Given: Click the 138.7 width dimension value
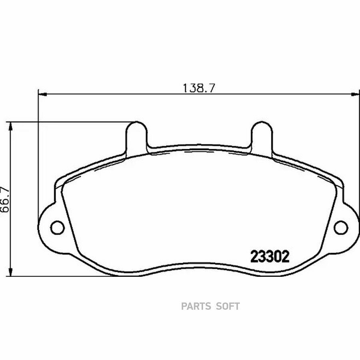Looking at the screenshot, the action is click(x=199, y=88).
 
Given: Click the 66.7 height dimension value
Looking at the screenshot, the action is click(x=5, y=200).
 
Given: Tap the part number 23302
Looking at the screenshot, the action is click(x=270, y=256).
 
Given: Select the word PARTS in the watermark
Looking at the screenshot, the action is click(x=196, y=306).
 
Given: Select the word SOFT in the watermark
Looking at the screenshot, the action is click(x=228, y=306).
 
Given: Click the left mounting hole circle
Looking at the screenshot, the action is click(x=57, y=228).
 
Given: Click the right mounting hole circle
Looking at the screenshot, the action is click(x=341, y=228).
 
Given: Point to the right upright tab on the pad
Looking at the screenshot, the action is click(x=262, y=137).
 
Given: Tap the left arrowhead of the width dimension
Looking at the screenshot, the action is click(x=42, y=94).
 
